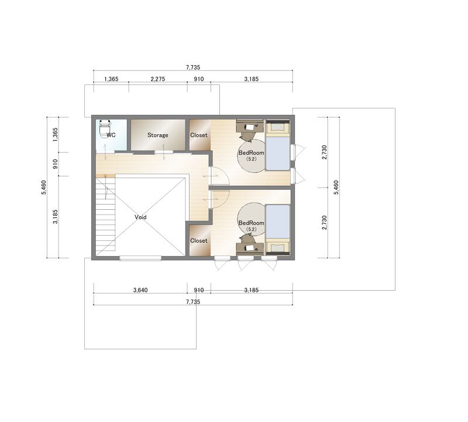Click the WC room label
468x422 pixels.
click(111, 135)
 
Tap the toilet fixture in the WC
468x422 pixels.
click(105, 128)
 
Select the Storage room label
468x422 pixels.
click(157, 135)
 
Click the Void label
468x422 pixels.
click(140, 217)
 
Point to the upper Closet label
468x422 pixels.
click(199, 135)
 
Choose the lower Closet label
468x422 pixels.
click(199, 241)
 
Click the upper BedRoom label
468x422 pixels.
click(252, 153)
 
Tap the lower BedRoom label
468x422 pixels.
click(252, 223)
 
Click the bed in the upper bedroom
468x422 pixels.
click(278, 145)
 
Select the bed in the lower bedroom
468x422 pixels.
click(278, 230)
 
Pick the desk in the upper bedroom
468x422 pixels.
click(250, 126)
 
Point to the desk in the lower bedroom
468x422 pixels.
click(250, 249)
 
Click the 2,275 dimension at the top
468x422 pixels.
click(157, 79)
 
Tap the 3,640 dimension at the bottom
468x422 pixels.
click(140, 290)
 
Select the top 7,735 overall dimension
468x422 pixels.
click(193, 67)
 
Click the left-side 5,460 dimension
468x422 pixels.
click(44, 188)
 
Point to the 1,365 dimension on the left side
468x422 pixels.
click(55, 135)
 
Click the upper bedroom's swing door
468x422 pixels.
click(219, 176)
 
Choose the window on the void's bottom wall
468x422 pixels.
click(140, 258)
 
